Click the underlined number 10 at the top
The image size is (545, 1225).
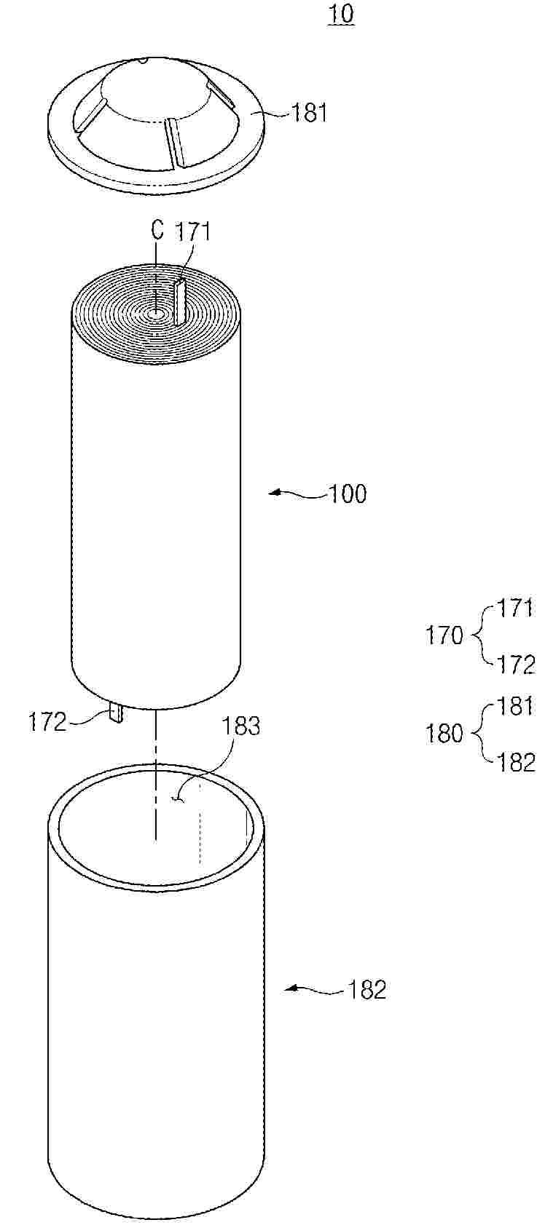click(340, 14)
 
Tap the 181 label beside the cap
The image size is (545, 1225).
click(308, 114)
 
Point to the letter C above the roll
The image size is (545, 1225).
click(157, 231)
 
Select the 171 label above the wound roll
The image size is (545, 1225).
click(192, 231)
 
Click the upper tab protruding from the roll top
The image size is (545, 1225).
click(180, 302)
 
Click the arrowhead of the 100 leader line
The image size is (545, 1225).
click(274, 493)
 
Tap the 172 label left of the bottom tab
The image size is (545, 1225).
click(47, 723)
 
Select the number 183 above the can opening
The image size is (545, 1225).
click(241, 727)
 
